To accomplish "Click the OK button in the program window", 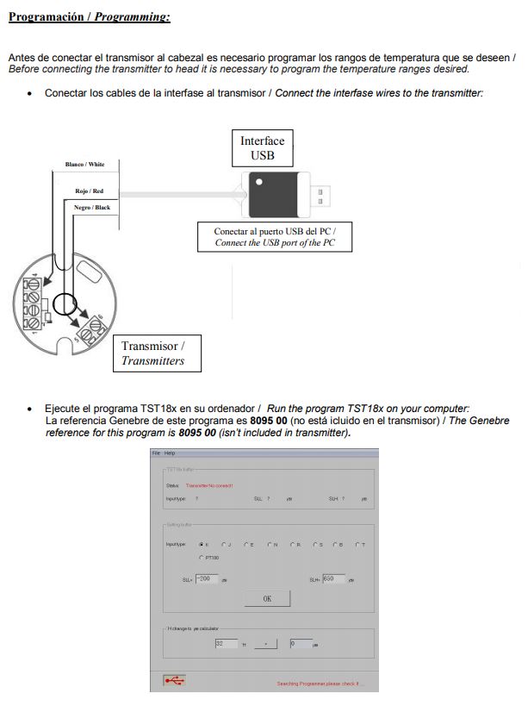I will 267,598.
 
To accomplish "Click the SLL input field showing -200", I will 207,579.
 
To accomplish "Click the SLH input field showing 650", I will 333,579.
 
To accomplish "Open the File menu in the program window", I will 157,453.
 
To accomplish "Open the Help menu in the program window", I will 170,453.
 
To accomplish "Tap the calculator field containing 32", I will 226,643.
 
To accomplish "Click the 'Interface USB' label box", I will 262,147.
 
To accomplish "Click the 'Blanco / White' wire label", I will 84,164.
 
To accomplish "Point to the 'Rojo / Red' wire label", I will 89,191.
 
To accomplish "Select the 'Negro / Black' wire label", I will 92,207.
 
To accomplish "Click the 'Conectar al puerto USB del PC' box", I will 275,237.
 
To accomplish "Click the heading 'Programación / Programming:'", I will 89,16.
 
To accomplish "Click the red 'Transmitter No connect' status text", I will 209,486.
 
